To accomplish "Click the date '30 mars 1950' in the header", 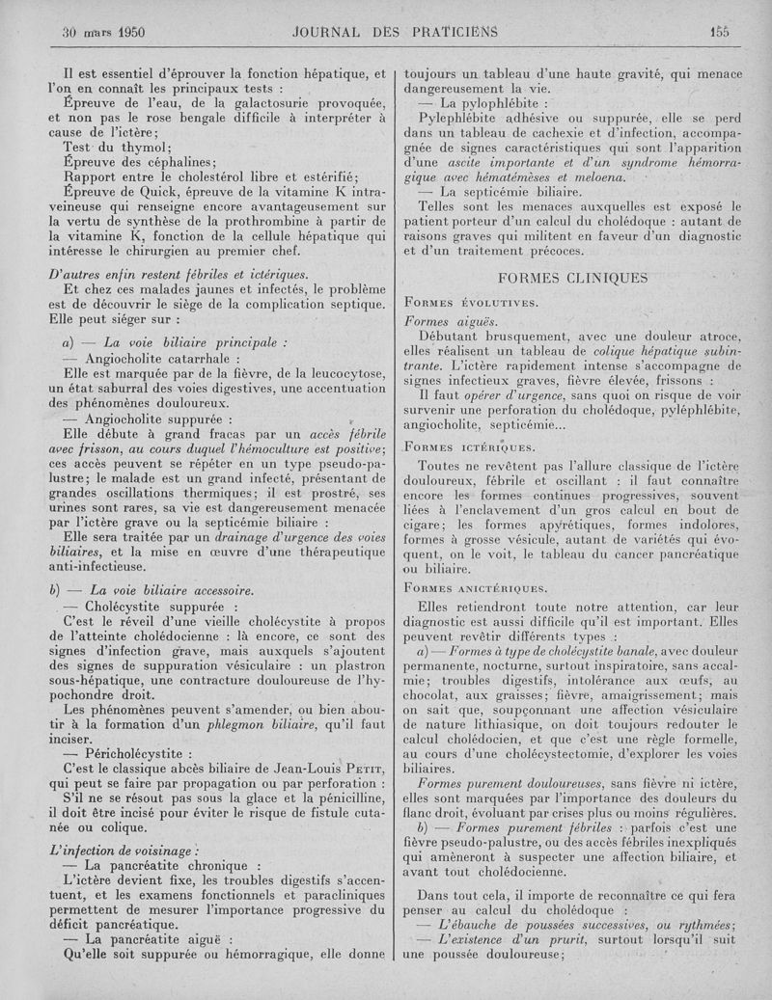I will [103, 31].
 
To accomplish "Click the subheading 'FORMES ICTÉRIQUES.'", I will [470, 446].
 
